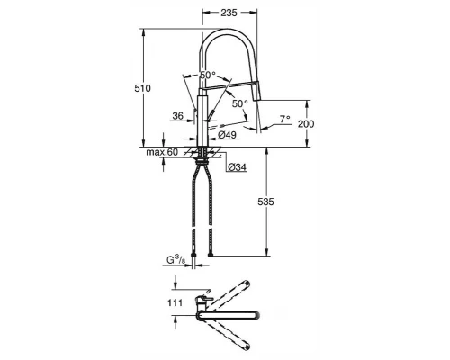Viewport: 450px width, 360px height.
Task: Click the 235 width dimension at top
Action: pos(229,13)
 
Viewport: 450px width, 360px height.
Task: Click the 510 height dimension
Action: pos(142,88)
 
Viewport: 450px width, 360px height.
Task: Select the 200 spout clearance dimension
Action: pos(306,123)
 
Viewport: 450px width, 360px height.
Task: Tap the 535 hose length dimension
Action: pos(265,202)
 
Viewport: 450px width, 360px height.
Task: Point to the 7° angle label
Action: pos(285,119)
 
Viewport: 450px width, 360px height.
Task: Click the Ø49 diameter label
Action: pos(227,135)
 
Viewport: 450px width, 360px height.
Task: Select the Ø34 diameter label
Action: pos(237,167)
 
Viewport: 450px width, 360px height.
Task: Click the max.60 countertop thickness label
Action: pos(162,152)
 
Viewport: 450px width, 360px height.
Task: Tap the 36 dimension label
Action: pos(178,116)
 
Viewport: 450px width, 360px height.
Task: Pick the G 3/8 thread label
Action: pos(175,260)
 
